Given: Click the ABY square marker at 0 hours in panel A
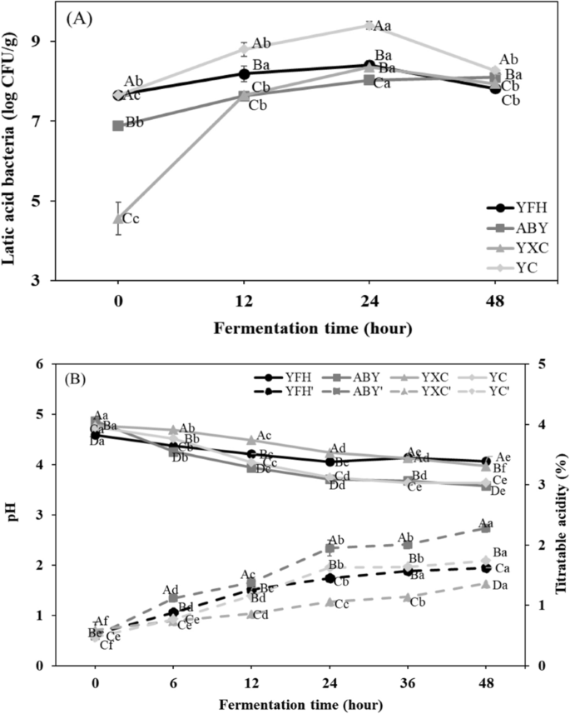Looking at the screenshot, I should pos(118,126).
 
